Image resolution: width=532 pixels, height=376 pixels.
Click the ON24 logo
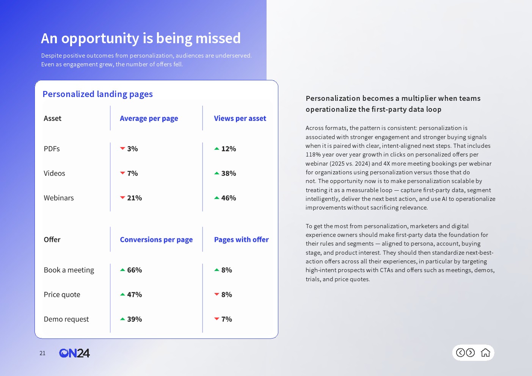click(74, 353)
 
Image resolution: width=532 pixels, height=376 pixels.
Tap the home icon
click(485, 353)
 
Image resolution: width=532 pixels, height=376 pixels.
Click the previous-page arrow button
click(460, 353)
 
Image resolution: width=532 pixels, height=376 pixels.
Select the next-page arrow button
click(470, 353)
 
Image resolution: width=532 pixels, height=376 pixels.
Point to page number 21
click(42, 353)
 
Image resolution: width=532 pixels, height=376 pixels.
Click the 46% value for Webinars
click(229, 198)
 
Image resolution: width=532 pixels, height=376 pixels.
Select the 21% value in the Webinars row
click(135, 198)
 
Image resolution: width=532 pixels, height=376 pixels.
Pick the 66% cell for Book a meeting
click(135, 270)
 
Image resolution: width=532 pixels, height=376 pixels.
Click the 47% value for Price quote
click(135, 295)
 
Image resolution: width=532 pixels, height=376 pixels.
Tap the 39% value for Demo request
click(135, 319)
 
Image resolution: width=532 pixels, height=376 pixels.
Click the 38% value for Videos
click(229, 174)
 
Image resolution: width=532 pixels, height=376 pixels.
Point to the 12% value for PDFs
click(229, 149)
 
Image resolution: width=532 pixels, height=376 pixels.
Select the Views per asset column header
click(240, 119)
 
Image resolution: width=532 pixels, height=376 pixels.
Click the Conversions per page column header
click(156, 240)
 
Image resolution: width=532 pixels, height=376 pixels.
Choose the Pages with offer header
click(241, 240)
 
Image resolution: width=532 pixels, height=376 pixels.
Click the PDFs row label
click(52, 149)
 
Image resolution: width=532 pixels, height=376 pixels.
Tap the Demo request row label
click(66, 319)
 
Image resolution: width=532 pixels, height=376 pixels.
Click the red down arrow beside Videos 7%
click(122, 173)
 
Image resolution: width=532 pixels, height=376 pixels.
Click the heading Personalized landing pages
click(97, 94)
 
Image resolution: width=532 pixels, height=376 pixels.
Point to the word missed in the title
click(218, 38)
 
